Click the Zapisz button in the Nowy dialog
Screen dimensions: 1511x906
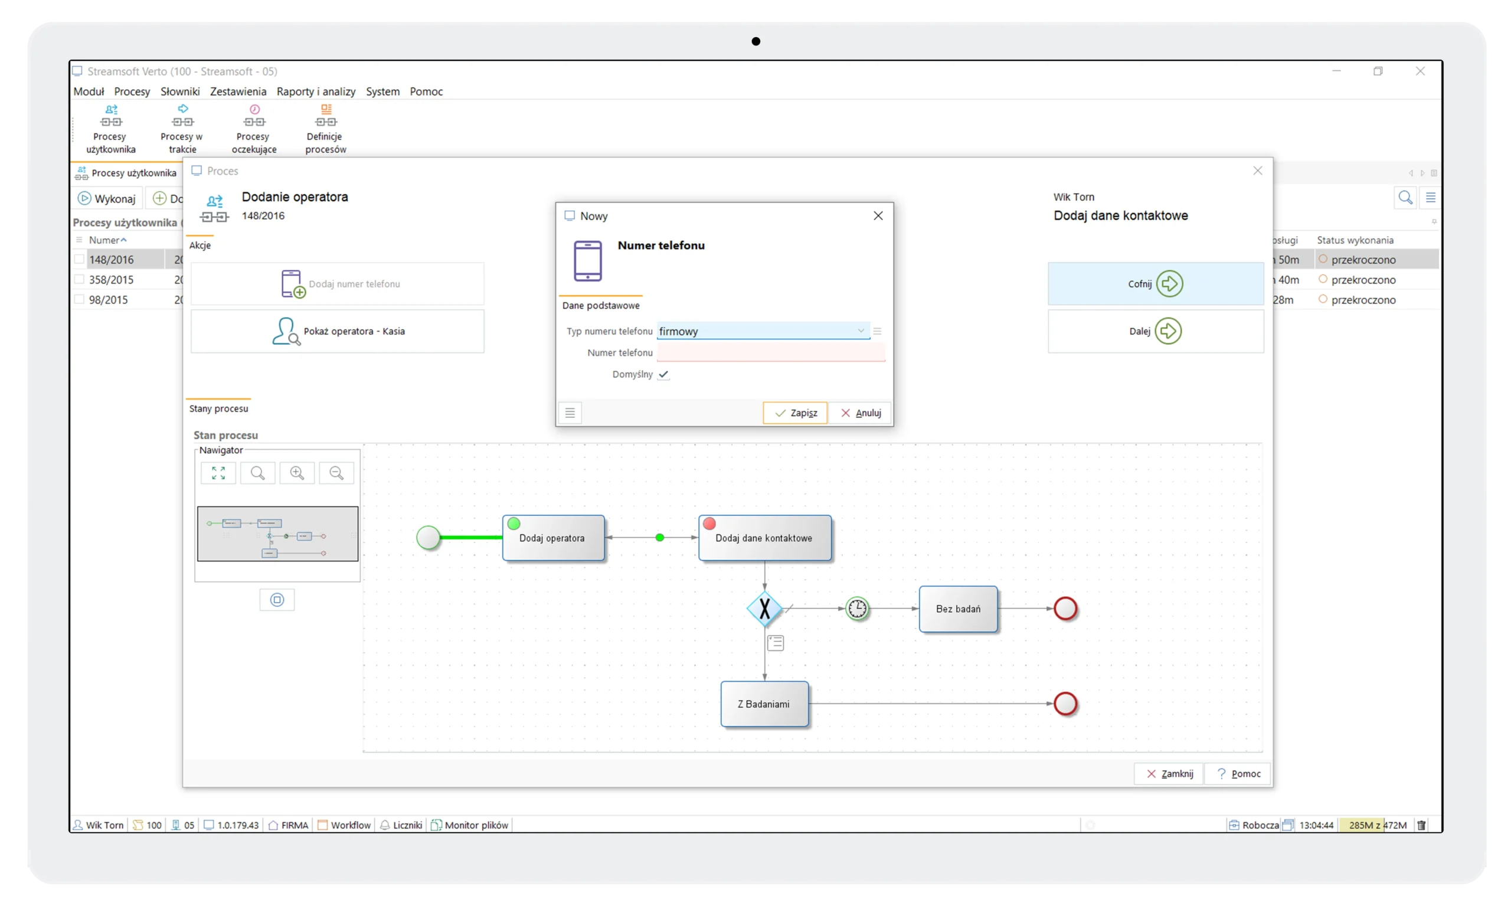pyautogui.click(x=795, y=413)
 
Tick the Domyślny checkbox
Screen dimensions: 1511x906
pyautogui.click(x=663, y=374)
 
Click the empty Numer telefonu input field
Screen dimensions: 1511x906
pyautogui.click(x=770, y=353)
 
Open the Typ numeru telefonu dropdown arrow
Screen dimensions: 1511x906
pyautogui.click(x=861, y=331)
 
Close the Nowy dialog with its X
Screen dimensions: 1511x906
pyautogui.click(x=878, y=215)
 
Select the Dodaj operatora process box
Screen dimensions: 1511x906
pyautogui.click(x=553, y=538)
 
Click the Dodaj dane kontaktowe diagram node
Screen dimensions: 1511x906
pyautogui.click(x=764, y=538)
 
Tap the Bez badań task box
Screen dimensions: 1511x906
pyautogui.click(x=958, y=609)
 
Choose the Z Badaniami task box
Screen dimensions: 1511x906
pyautogui.click(x=764, y=704)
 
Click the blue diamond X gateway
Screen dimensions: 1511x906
pyautogui.click(x=764, y=609)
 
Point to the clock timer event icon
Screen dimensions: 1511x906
pyautogui.click(x=857, y=609)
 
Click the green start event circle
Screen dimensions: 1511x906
pyautogui.click(x=428, y=538)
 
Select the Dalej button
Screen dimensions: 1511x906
pyautogui.click(x=1155, y=331)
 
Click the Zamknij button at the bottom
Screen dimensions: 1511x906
pyautogui.click(x=1169, y=774)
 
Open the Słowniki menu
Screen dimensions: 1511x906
pyautogui.click(x=180, y=91)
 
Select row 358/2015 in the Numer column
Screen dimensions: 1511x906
pyautogui.click(x=111, y=280)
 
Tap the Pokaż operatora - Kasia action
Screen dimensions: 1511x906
pyautogui.click(x=338, y=331)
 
